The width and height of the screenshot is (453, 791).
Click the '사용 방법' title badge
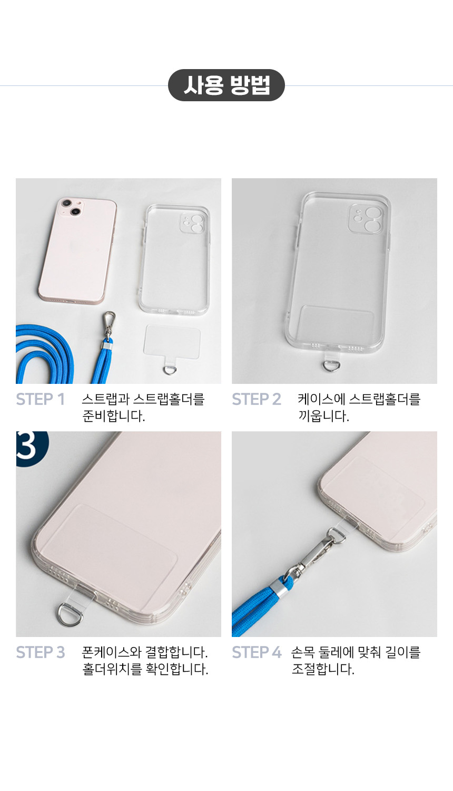[226, 85]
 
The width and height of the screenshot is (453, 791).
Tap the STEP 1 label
[41, 399]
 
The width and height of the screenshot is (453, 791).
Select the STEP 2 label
[257, 399]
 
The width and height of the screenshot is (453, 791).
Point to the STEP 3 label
[41, 652]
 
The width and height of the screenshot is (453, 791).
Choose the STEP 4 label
[257, 652]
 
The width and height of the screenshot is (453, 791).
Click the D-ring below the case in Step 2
[330, 365]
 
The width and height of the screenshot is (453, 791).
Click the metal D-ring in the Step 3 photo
[70, 615]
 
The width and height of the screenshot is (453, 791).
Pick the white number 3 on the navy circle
[26, 446]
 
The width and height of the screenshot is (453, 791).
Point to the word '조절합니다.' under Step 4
[323, 669]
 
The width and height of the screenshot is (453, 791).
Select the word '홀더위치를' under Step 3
[112, 669]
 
